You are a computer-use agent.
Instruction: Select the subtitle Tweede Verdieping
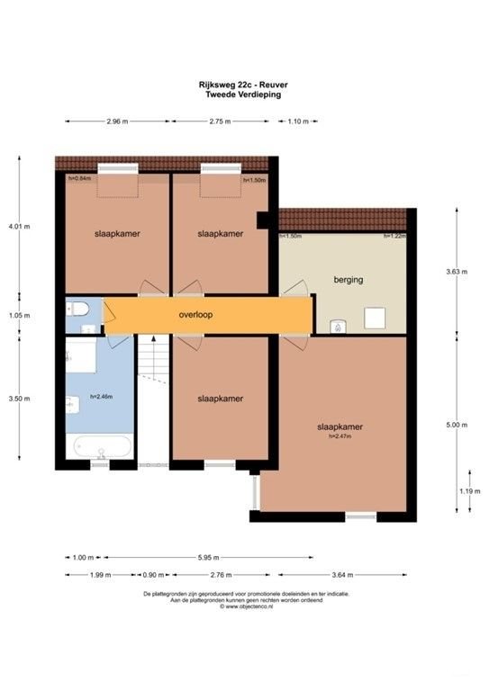pos(243,94)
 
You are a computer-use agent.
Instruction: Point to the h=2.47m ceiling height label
pos(339,436)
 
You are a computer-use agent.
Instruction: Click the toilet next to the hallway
pos(78,310)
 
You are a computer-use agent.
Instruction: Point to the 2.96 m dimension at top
pos(117,121)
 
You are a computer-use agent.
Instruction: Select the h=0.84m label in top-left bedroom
pos(81,178)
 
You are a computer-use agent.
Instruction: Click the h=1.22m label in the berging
pos(394,236)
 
